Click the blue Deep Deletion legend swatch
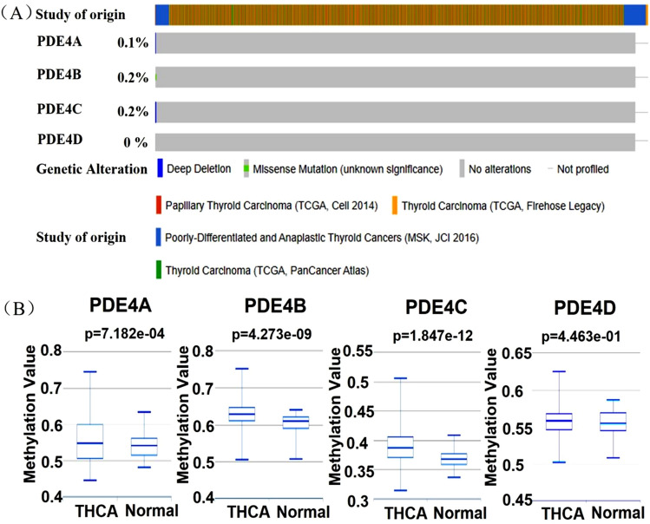tap(161, 168)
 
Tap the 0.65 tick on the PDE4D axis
tap(515, 353)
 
